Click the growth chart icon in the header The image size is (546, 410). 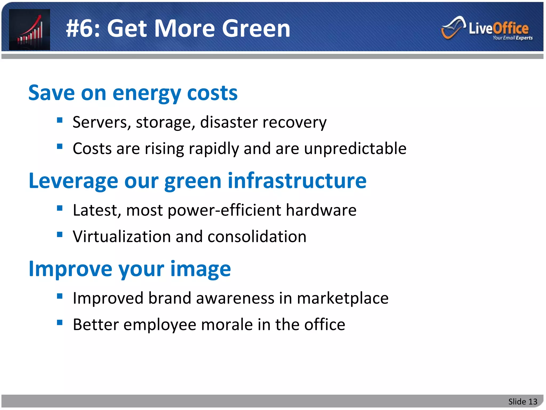[30, 29]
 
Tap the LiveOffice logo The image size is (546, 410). [487, 28]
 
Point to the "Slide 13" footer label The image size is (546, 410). [523, 401]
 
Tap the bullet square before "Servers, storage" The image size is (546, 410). [60, 120]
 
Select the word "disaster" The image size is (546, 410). [229, 122]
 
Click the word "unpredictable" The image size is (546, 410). [355, 148]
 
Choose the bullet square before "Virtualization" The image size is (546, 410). [60, 235]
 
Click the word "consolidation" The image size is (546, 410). [257, 236]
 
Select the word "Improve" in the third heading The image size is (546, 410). [70, 269]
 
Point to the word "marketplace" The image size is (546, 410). [343, 298]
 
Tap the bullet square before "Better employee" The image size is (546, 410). [60, 323]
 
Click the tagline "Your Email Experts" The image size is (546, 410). [512, 38]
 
